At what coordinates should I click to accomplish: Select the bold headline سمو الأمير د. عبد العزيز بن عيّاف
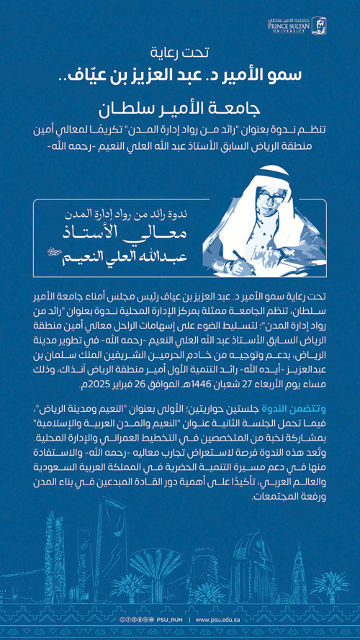tap(179, 75)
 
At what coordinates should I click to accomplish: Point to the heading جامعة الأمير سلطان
tap(179, 109)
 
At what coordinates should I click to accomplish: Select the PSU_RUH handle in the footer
tap(169, 618)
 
